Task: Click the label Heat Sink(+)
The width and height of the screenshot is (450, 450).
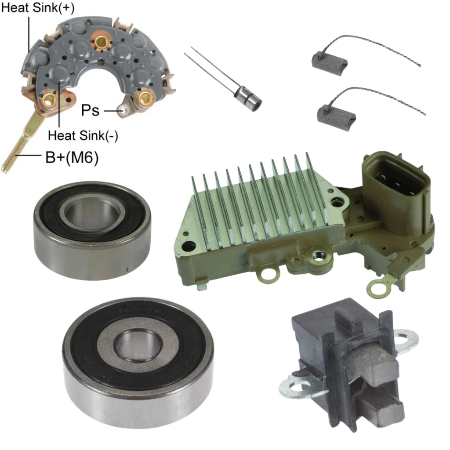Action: coord(38,8)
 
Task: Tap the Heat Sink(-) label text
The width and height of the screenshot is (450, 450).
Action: coord(83,135)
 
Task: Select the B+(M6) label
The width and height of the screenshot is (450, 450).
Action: coord(72,158)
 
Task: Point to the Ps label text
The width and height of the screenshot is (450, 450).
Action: coord(90,110)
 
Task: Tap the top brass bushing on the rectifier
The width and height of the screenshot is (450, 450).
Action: coord(101,42)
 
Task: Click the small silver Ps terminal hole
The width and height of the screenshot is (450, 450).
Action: coord(123,110)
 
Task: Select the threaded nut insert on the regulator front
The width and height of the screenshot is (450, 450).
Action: coord(317,254)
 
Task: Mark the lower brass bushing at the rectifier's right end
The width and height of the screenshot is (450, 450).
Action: coord(144,98)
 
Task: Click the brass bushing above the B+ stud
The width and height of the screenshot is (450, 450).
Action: coord(49,100)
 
